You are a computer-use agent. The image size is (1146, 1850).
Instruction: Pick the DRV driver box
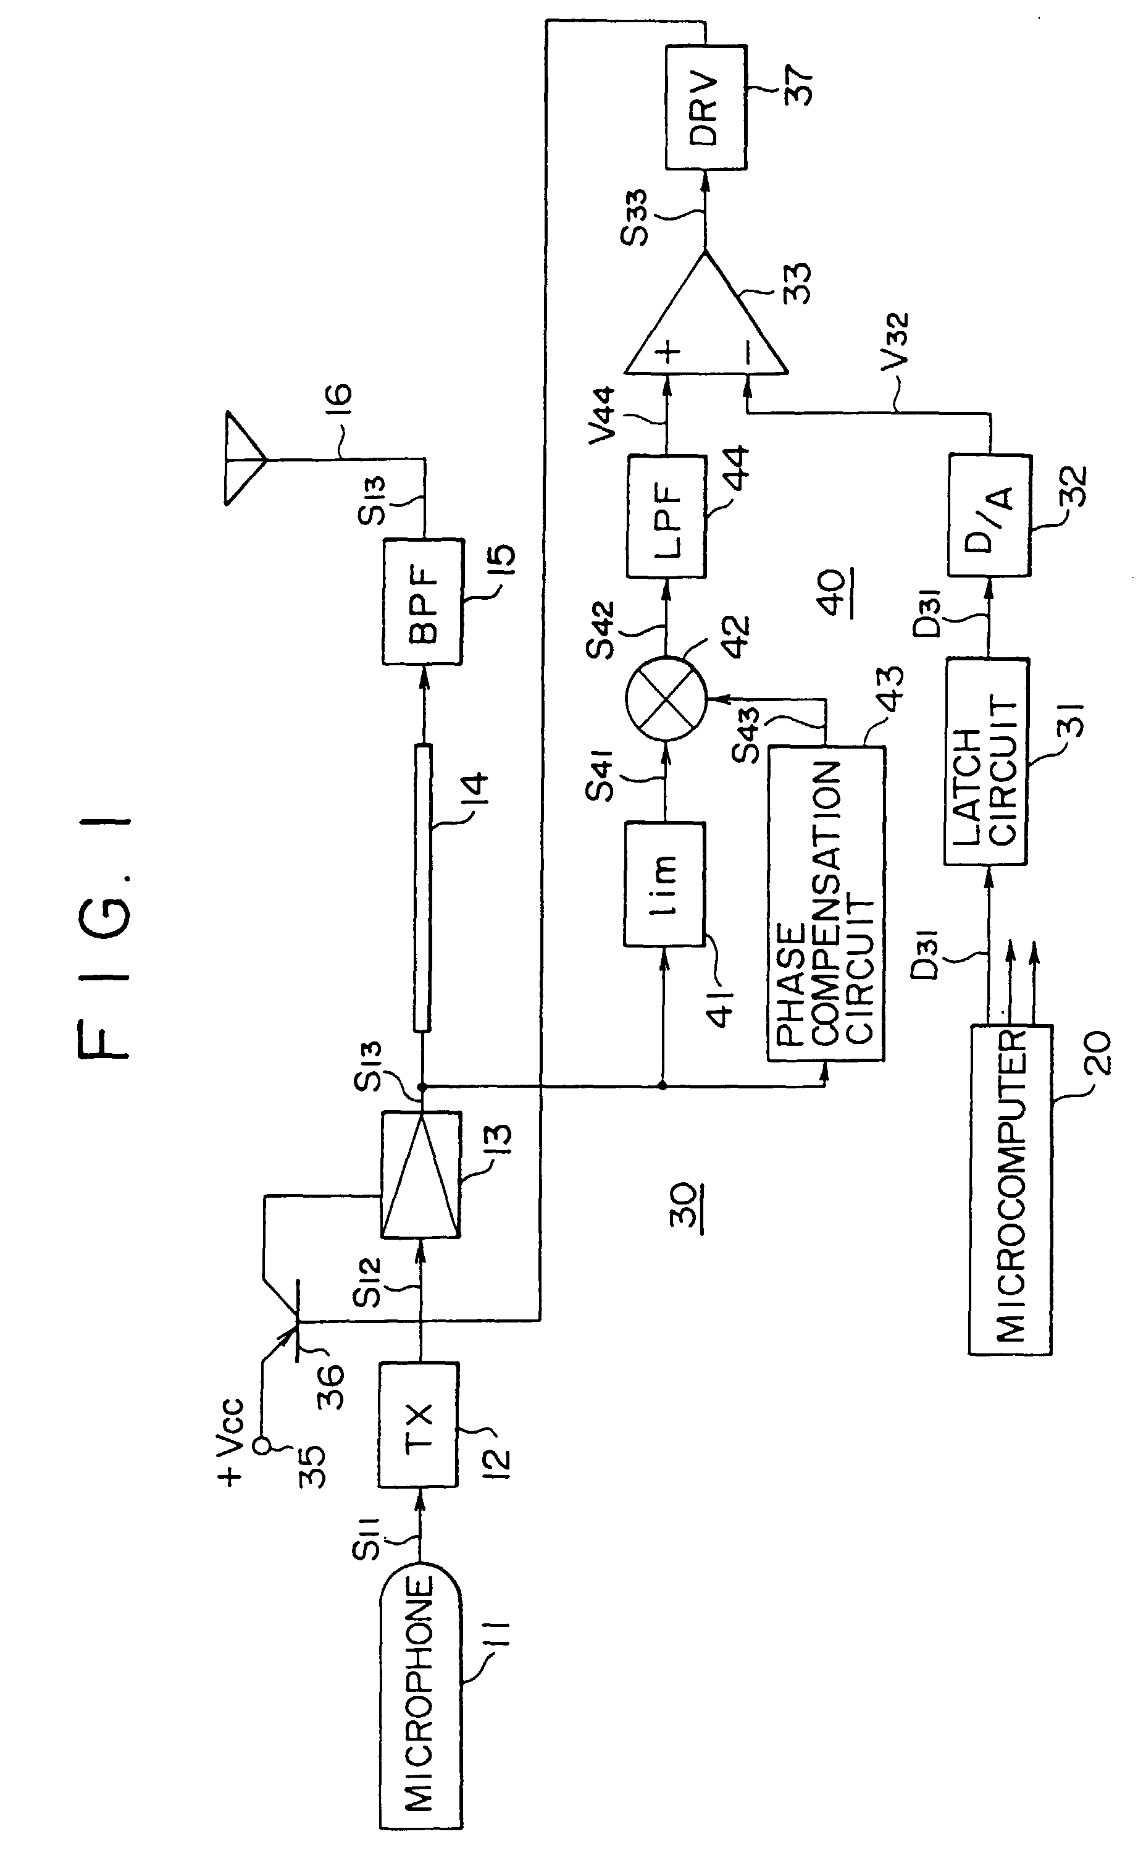click(706, 107)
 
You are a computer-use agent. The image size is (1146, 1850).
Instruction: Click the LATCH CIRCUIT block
click(985, 761)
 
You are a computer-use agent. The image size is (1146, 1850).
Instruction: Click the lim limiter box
click(664, 884)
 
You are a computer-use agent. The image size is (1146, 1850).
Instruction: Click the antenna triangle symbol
click(244, 459)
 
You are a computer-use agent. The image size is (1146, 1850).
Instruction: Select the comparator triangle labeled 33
click(706, 313)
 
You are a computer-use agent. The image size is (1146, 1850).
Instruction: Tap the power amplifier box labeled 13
click(420, 1174)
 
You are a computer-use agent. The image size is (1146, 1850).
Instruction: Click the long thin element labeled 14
click(423, 888)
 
